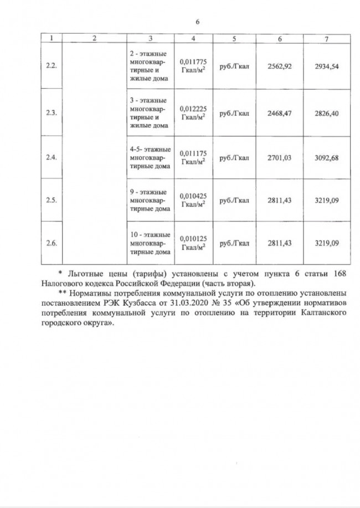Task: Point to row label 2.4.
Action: [x=52, y=158]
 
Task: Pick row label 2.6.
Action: [x=52, y=243]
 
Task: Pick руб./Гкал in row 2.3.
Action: [x=234, y=113]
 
